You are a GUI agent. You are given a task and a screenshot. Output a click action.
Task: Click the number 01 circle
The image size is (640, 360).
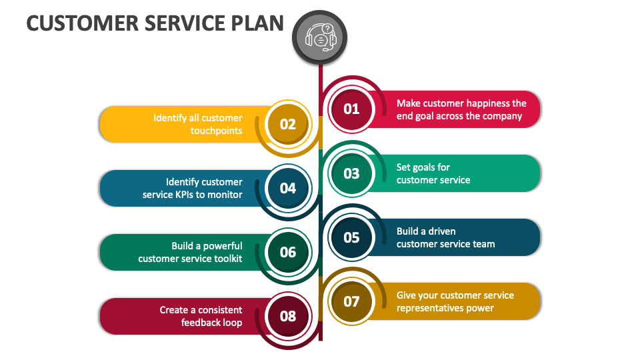(351, 109)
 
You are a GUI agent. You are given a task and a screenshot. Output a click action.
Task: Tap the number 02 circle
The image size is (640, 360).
(287, 124)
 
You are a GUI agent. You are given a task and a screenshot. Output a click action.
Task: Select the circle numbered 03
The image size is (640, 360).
(351, 173)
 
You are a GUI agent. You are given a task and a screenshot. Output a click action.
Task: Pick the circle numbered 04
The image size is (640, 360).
(287, 188)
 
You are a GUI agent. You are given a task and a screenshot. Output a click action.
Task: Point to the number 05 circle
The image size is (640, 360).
(351, 237)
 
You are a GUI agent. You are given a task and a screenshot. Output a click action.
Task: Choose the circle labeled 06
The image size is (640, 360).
(287, 252)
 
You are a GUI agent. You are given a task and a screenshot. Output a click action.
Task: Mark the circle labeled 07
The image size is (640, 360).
(351, 301)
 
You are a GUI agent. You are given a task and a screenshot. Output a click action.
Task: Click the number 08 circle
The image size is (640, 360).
(287, 316)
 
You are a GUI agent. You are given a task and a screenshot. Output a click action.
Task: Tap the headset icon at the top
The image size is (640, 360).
(321, 37)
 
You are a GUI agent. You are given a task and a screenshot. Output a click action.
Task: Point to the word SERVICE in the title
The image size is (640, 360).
(175, 23)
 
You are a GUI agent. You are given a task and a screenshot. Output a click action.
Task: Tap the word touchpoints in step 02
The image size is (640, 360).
(216, 131)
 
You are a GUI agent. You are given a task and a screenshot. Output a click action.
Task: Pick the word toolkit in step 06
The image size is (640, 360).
(225, 259)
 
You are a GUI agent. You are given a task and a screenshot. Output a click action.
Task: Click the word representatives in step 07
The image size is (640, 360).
(430, 308)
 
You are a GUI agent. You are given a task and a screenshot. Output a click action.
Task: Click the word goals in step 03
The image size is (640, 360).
(423, 167)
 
